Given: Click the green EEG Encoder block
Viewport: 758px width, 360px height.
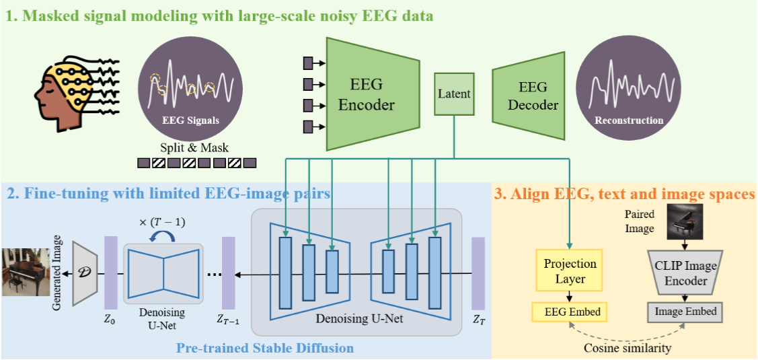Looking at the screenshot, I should click(x=366, y=94).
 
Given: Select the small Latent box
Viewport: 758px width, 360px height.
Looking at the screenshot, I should click(x=454, y=94).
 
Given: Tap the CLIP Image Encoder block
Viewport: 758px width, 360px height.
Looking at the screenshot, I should click(x=686, y=273).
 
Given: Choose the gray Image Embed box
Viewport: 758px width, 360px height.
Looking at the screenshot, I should click(x=686, y=312).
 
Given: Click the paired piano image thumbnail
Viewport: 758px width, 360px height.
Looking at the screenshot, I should click(x=686, y=222).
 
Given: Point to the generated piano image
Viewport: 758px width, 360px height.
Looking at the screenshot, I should click(x=26, y=273).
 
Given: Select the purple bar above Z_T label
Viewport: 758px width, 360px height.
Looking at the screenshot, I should click(x=478, y=275).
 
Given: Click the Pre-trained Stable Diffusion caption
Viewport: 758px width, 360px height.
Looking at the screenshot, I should click(x=264, y=348).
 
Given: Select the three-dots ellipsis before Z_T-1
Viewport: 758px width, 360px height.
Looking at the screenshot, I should click(x=215, y=275).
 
